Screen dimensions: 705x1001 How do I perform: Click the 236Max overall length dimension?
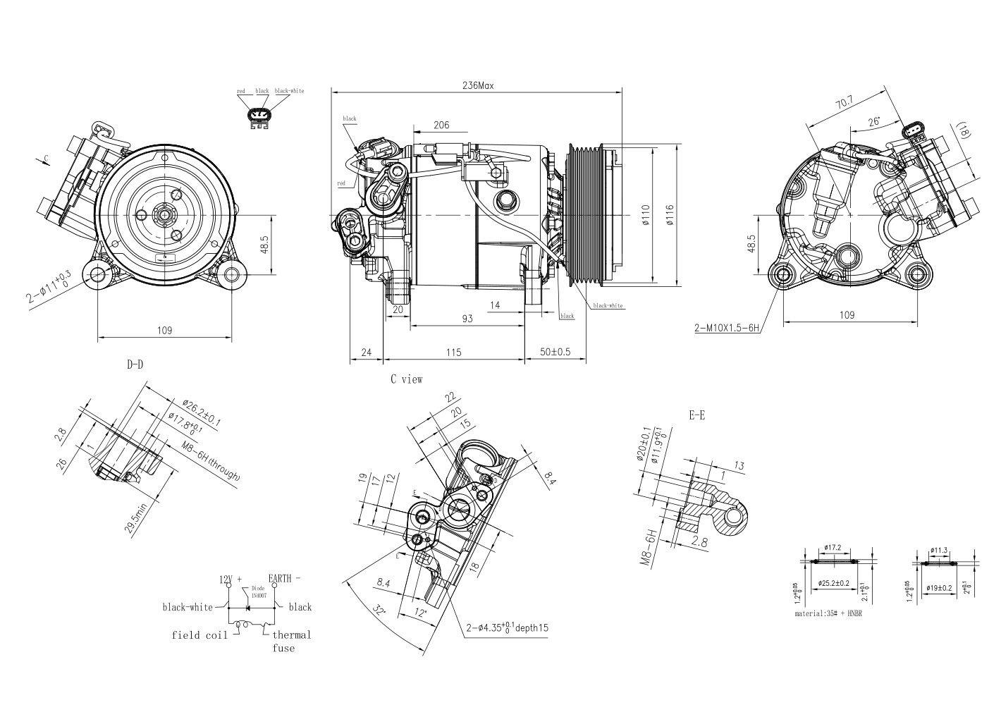click(477, 85)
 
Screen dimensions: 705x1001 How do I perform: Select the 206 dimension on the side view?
click(441, 125)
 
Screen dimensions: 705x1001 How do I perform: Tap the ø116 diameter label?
click(669, 215)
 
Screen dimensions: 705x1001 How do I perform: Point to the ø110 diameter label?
click(644, 215)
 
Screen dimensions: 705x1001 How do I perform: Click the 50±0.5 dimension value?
click(555, 352)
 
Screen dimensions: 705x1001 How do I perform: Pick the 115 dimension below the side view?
click(453, 352)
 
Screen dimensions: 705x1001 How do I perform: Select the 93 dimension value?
click(467, 319)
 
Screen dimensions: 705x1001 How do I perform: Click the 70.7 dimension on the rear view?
click(844, 103)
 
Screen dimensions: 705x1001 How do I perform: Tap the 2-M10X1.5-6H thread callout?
click(726, 328)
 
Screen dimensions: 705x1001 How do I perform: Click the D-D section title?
click(135, 364)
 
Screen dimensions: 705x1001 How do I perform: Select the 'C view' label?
click(407, 379)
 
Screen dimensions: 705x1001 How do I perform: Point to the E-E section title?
click(696, 415)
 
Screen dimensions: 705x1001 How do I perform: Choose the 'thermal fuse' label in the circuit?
click(291, 641)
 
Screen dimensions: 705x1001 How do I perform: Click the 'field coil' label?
click(199, 635)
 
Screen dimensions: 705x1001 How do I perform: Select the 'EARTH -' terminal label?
click(283, 579)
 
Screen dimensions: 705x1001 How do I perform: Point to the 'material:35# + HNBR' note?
click(828, 613)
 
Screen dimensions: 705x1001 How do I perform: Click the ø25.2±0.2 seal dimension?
click(834, 584)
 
